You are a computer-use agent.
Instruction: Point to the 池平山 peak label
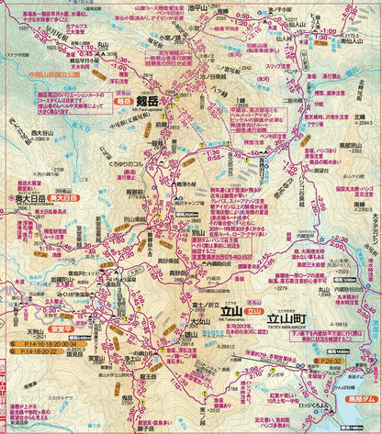pos(196,8)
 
